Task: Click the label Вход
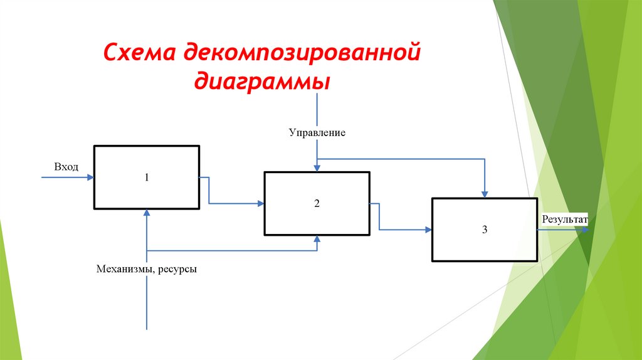(66, 167)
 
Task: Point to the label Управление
(317, 133)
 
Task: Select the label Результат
(564, 220)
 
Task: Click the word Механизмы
(125, 269)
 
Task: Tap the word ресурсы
(177, 269)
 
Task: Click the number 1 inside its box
(147, 177)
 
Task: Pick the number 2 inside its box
(317, 203)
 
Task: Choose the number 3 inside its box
(485, 230)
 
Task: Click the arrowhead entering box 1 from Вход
(90, 177)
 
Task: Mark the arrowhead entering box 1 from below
(147, 213)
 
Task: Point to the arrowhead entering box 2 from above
(317, 167)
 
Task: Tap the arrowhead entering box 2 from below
(317, 240)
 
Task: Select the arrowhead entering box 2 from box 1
(260, 203)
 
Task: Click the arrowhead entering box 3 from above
(484, 193)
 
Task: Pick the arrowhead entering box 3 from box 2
(428, 230)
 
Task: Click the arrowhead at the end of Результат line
(585, 230)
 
